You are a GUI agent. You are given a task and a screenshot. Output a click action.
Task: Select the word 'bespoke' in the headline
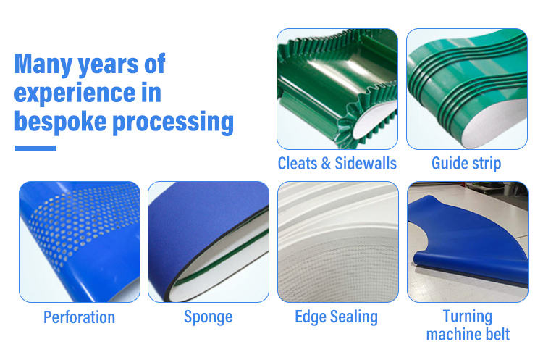60,121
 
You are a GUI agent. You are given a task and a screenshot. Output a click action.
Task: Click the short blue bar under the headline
35,148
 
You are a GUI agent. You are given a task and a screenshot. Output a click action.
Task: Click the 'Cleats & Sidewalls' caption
337,163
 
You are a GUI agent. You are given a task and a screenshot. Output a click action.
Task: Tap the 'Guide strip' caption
466,163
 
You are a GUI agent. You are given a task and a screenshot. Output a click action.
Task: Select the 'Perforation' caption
80,317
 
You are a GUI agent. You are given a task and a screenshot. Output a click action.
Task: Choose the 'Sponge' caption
208,317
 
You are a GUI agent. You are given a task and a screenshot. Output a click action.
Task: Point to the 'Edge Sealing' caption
336,317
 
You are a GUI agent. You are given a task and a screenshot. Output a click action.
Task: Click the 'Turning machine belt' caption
468,325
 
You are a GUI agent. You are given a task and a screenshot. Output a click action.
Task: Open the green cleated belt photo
337,89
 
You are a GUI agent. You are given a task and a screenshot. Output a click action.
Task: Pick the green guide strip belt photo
467,89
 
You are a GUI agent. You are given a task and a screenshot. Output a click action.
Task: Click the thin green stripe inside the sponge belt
222,257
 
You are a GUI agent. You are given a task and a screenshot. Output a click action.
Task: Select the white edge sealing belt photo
338,242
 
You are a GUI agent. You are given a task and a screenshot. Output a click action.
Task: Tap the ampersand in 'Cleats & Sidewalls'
326,163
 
